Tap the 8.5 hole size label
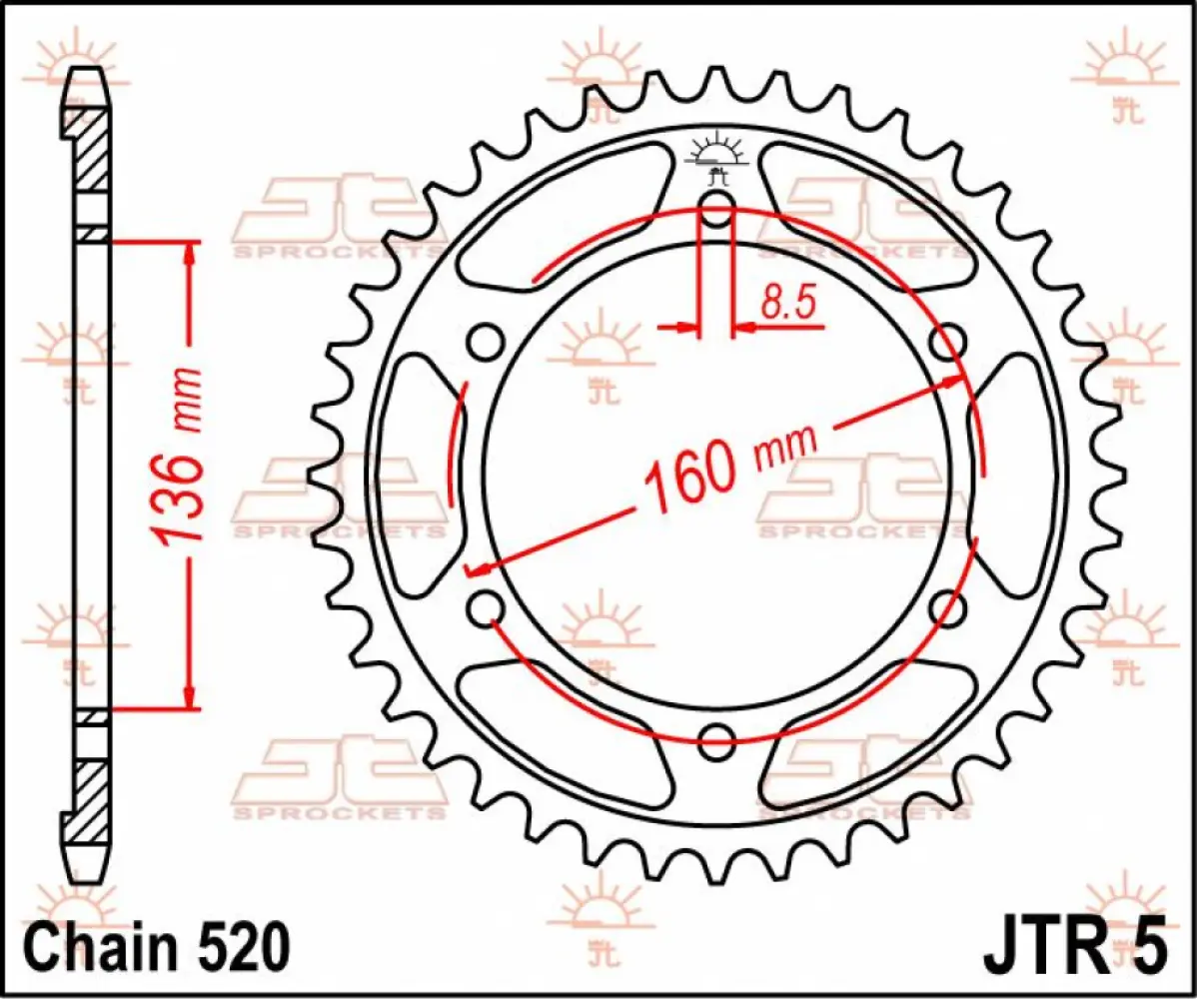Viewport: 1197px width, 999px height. coord(790,301)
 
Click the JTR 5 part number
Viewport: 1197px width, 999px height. coord(1074,945)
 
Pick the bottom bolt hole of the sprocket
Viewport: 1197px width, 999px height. coord(716,740)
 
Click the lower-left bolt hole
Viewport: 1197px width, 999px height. coord(486,607)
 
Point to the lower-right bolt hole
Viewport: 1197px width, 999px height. coord(947,607)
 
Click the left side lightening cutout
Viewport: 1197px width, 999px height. coord(425,476)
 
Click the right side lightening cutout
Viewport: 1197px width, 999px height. coord(1009,476)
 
